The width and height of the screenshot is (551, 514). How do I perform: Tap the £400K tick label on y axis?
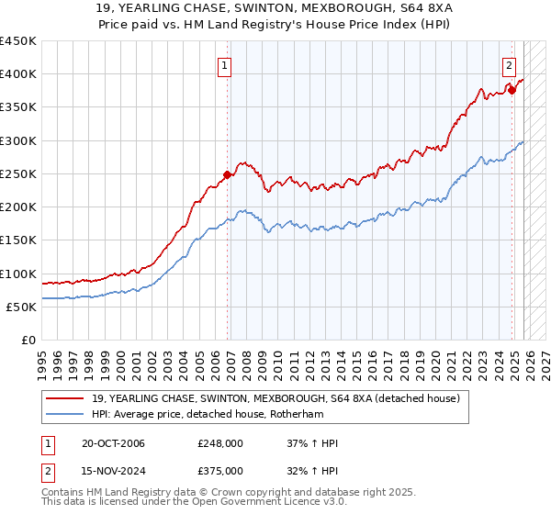point(18,74)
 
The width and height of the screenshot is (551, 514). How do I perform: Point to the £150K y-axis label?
point(18,240)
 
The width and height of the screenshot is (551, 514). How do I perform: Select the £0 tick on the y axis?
point(28,341)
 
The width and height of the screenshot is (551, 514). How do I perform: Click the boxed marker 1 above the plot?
point(225,64)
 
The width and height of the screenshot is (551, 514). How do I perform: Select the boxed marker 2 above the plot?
point(509,64)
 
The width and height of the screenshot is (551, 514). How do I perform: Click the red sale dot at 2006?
point(227,174)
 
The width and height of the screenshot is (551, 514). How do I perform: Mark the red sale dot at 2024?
point(512,90)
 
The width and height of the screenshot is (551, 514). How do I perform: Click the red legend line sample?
point(66,397)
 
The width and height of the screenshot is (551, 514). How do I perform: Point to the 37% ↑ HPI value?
point(312,443)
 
